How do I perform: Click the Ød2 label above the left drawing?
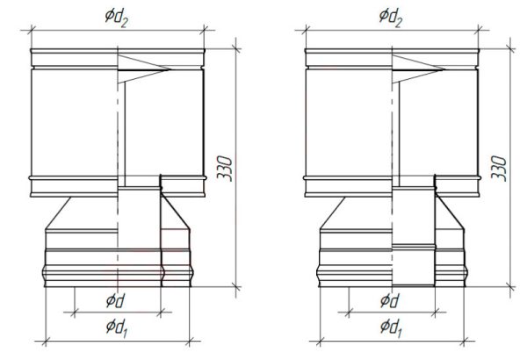click(x=117, y=18)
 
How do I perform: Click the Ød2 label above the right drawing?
click(x=391, y=18)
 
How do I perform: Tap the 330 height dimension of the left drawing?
click(x=225, y=169)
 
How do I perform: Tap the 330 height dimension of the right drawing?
click(x=499, y=169)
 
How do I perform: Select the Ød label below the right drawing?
click(x=390, y=300)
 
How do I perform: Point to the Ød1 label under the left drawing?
click(x=117, y=328)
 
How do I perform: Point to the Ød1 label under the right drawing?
click(x=391, y=328)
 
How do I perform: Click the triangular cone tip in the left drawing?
click(x=170, y=69)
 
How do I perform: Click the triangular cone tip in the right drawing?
click(x=444, y=69)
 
